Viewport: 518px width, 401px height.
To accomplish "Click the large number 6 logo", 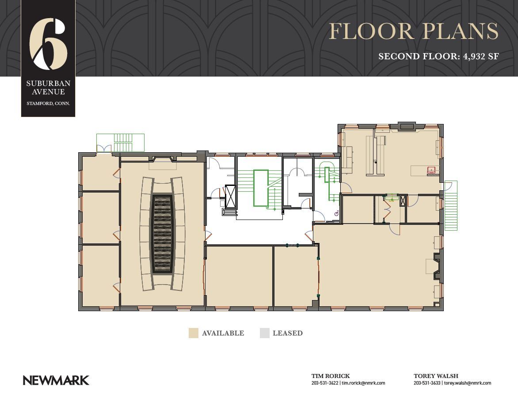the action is click(x=48, y=44).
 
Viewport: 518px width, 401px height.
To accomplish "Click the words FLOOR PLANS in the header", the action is click(x=414, y=31).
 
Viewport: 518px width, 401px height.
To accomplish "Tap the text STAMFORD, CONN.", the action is click(x=48, y=104).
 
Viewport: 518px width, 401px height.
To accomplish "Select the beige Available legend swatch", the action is click(x=193, y=333).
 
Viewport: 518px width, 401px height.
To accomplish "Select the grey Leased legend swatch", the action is click(x=265, y=333).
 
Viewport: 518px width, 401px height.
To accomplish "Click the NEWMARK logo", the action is click(x=56, y=381).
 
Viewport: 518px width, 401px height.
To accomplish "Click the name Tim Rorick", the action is click(x=330, y=376).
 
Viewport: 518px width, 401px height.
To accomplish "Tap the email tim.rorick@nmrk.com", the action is click(x=363, y=383).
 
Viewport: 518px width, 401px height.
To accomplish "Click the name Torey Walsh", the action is click(x=436, y=376).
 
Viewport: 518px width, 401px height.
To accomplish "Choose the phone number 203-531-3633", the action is click(x=427, y=383).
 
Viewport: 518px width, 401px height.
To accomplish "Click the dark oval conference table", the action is click(x=162, y=234).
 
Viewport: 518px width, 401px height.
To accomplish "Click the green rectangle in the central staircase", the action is click(x=261, y=188).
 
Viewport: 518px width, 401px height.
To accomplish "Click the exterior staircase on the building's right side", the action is click(x=451, y=205).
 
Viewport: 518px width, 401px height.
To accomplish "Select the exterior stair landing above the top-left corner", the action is click(x=120, y=143).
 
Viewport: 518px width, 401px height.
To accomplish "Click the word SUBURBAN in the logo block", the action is click(x=48, y=83).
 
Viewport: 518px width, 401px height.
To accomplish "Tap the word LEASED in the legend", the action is click(x=287, y=333).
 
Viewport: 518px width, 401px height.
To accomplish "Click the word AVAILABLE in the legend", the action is click(x=223, y=333).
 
